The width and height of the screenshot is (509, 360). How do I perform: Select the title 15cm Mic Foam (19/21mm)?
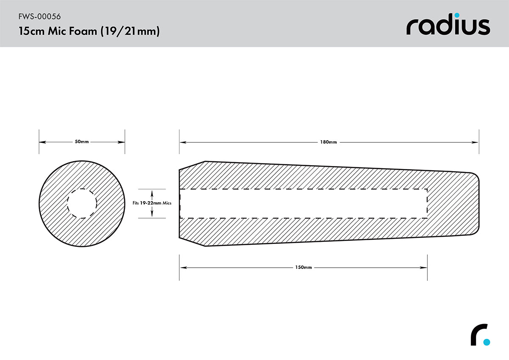pyautogui.click(x=89, y=32)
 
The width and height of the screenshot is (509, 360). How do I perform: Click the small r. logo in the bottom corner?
pyautogui.click(x=480, y=335)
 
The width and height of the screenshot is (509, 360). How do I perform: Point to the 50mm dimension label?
pyautogui.click(x=82, y=142)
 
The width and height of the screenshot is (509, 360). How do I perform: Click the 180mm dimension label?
pyautogui.click(x=329, y=142)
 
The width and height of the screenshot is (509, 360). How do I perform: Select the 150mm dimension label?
pyautogui.click(x=303, y=268)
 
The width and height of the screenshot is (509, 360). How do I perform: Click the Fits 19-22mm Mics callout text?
pyautogui.click(x=152, y=203)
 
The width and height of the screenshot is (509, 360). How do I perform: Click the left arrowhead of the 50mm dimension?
pyautogui.click(x=41, y=142)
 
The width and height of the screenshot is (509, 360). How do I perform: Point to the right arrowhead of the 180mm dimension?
pyautogui.click(x=476, y=142)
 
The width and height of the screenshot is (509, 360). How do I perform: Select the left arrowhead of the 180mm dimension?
pyautogui.click(x=182, y=142)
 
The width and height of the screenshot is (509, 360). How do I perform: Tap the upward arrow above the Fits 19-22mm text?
pyautogui.click(x=152, y=191)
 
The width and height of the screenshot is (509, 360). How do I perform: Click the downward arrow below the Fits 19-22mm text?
pyautogui.click(x=152, y=216)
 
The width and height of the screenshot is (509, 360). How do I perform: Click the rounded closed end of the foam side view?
pyautogui.click(x=478, y=203)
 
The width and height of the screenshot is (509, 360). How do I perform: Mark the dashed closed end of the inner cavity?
pyautogui.click(x=427, y=203)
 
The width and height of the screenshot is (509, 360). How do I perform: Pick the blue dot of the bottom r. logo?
pyautogui.click(x=487, y=342)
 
